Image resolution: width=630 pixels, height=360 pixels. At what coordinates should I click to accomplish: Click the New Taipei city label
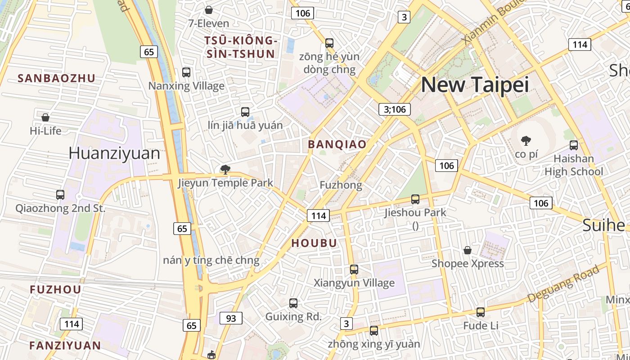click(475, 85)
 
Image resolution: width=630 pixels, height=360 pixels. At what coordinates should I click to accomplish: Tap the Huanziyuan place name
click(114, 153)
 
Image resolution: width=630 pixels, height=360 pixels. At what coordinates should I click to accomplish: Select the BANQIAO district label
click(337, 144)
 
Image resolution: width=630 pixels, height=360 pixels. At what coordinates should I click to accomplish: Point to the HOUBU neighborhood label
click(314, 243)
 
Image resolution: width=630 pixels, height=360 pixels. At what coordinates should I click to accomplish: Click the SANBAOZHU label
click(56, 78)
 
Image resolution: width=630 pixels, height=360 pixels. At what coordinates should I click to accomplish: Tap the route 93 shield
click(231, 318)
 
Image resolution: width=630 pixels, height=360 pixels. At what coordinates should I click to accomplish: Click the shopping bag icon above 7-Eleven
click(209, 10)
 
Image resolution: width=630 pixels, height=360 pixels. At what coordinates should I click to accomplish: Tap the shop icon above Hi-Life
click(45, 117)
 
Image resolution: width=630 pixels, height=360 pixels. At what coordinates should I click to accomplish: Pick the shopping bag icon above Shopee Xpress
click(468, 250)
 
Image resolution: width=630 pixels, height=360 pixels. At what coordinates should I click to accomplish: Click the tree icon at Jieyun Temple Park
click(225, 170)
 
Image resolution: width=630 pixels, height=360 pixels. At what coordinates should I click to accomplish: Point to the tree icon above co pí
click(525, 141)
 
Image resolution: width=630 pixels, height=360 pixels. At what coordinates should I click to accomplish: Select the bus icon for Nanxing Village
click(186, 72)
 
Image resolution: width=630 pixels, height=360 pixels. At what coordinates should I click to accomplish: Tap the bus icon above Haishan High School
click(573, 145)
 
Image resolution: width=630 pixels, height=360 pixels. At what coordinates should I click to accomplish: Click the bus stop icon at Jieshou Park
click(415, 199)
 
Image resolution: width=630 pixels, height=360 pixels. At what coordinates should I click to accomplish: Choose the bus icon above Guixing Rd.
click(293, 303)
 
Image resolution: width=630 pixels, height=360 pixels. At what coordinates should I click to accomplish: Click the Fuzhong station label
click(341, 185)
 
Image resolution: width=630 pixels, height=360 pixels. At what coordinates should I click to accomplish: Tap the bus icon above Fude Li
click(481, 312)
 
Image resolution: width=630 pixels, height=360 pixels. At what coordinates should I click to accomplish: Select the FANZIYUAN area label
click(65, 346)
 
